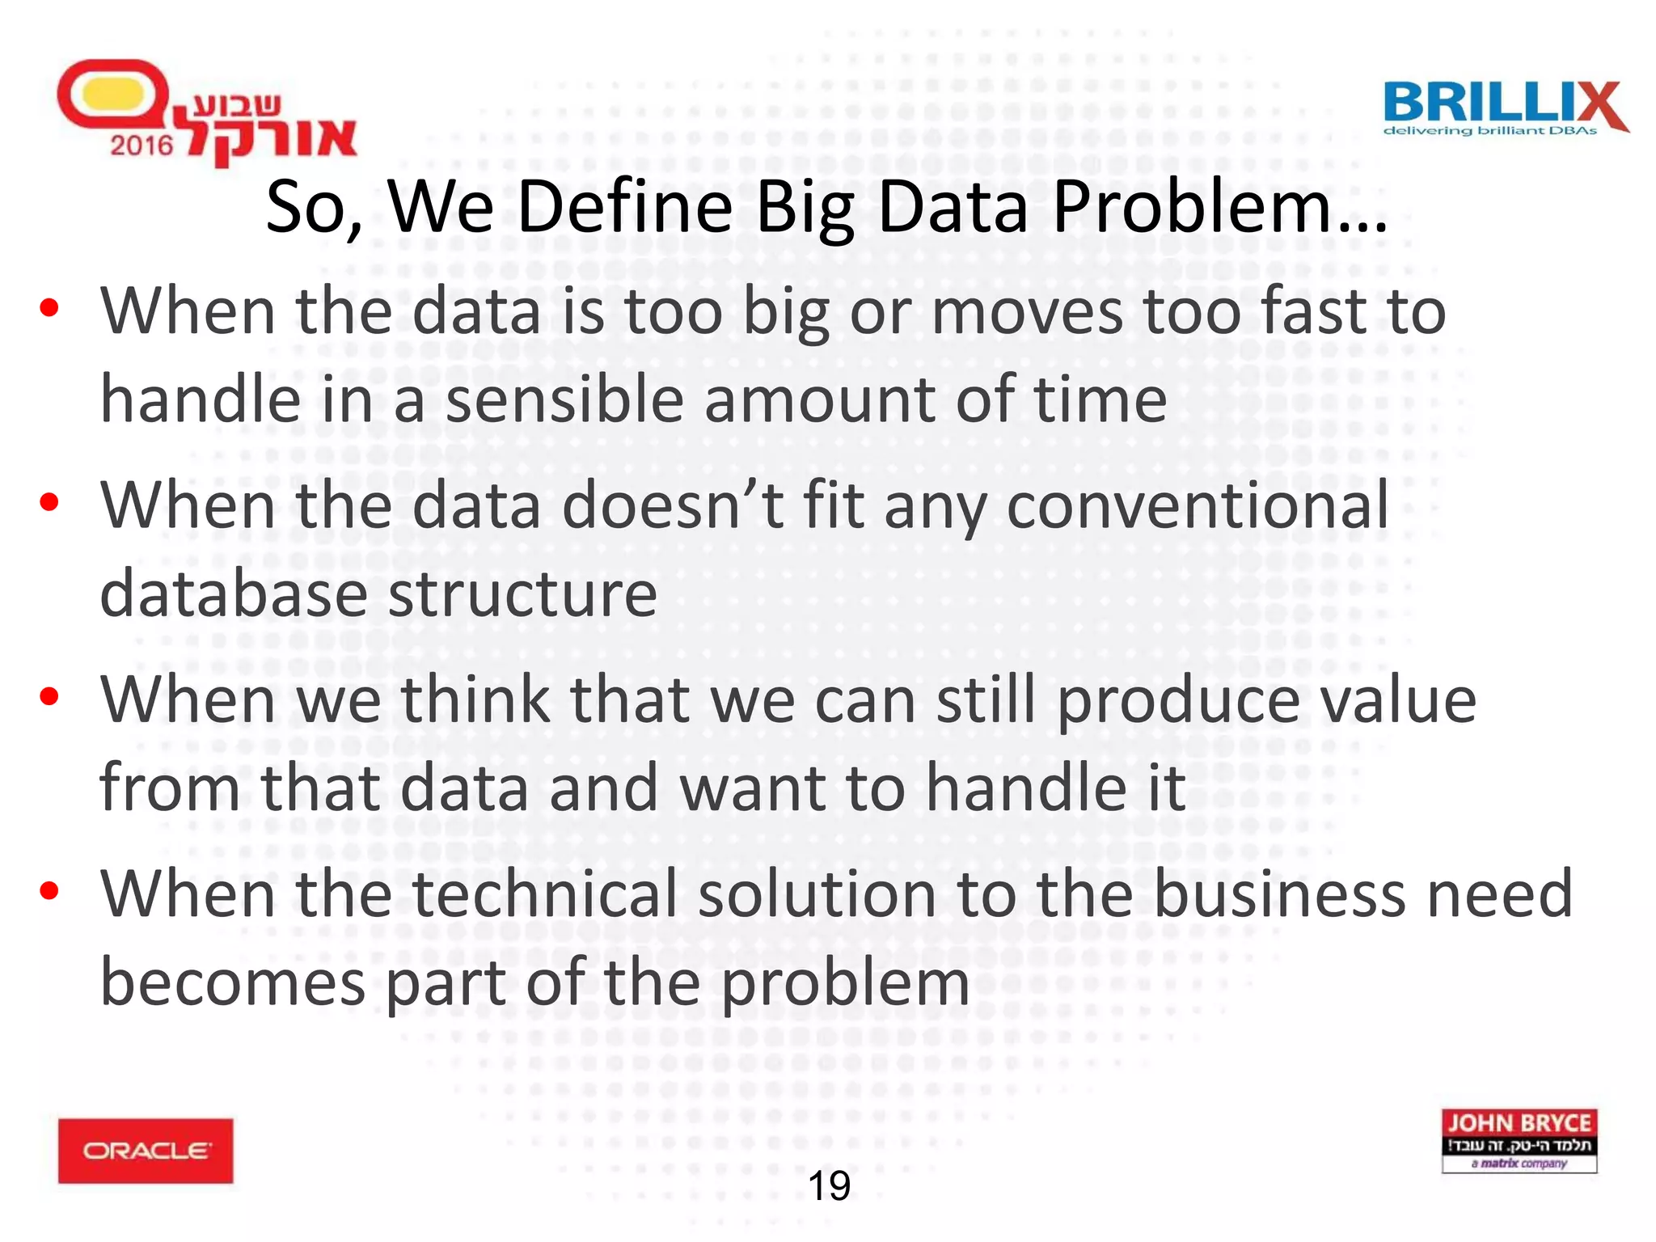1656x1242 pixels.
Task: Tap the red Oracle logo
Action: point(146,1151)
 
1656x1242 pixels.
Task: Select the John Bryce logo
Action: point(1519,1140)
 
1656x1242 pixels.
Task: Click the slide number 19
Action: point(829,1186)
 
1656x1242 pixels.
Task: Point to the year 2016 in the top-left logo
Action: point(142,146)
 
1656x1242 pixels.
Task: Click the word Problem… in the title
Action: point(1219,208)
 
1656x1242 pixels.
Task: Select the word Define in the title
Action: point(625,208)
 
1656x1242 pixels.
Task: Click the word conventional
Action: point(1197,506)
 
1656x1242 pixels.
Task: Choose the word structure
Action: point(522,594)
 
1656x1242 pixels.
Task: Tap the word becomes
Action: point(233,983)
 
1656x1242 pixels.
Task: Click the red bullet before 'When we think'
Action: point(49,696)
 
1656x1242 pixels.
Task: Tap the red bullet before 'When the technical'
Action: point(49,890)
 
